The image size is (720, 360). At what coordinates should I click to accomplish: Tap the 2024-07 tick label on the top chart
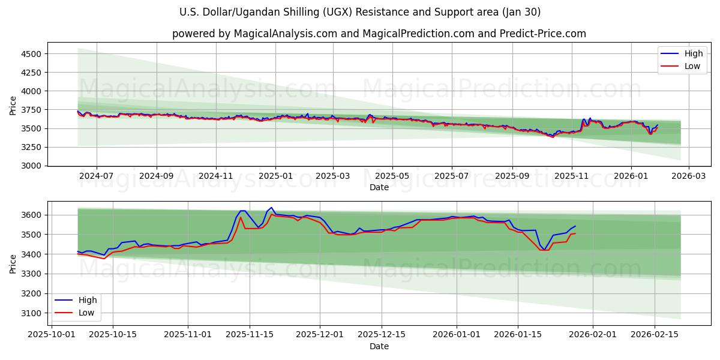coord(96,176)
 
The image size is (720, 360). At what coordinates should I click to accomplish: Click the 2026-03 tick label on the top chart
coord(688,176)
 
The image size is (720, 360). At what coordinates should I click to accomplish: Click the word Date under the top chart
coord(379,187)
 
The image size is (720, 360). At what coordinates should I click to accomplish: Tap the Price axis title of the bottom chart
coord(13,263)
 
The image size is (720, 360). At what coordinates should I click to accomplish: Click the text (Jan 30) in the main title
coord(521,12)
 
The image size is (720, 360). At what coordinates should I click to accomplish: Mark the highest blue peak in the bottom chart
coord(271,208)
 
